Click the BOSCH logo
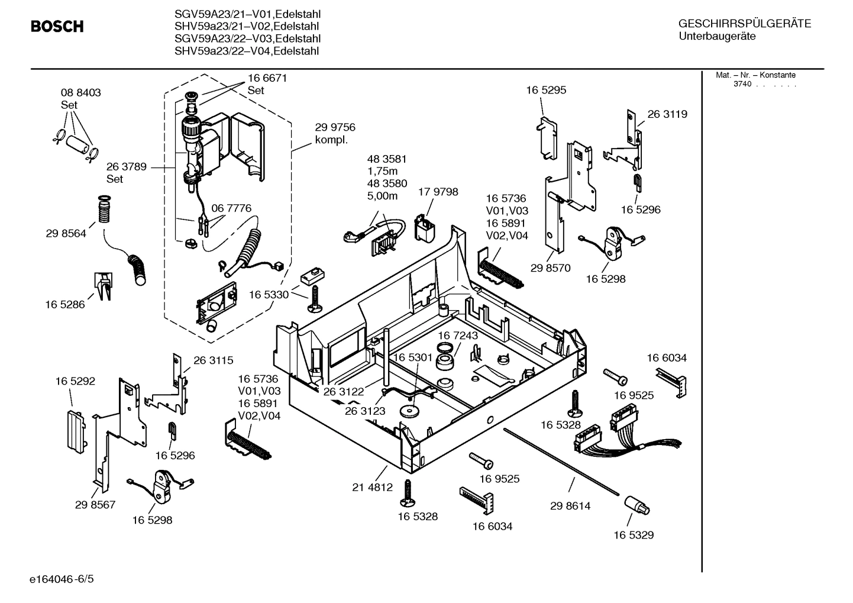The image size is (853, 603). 57,27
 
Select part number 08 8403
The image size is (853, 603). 80,93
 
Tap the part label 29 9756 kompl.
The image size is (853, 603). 335,134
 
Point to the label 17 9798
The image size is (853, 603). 438,192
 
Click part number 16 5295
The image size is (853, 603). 545,91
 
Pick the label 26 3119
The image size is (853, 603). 667,114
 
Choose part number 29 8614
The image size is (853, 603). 570,506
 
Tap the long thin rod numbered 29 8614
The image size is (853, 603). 562,461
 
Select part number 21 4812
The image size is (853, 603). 372,488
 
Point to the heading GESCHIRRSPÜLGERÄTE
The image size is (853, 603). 744,24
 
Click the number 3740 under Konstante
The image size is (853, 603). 742,84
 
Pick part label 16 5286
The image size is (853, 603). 64,305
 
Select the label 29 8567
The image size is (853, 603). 95,505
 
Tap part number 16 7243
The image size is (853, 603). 457,336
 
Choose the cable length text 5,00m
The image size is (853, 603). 382,196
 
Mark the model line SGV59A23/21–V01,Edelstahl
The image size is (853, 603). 247,14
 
